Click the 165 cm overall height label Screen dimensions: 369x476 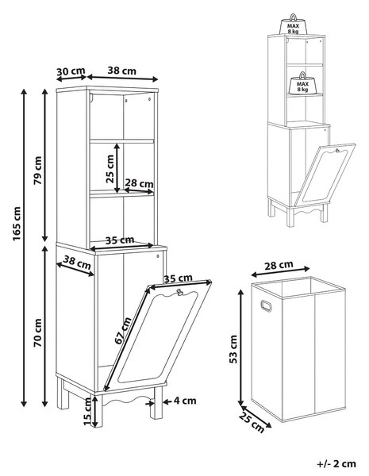point(17,224)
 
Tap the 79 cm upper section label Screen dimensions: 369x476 point(38,171)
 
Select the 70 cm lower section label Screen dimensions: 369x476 point(38,332)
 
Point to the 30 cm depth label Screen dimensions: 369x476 point(71,71)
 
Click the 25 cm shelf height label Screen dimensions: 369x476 point(110,169)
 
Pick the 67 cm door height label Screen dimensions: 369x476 point(123,330)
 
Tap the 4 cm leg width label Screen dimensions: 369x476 point(185,401)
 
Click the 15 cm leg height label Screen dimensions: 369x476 point(87,411)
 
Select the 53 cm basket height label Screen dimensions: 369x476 point(233,349)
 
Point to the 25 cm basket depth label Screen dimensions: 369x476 point(252,423)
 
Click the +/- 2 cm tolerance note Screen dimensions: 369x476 point(336,464)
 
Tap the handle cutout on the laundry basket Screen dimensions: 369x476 point(266,306)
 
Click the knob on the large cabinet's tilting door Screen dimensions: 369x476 point(179,292)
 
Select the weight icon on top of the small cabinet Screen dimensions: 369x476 point(293,25)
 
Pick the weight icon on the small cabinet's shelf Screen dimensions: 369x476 point(302,83)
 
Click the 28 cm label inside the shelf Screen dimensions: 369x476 point(140,183)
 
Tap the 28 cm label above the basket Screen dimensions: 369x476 point(279,266)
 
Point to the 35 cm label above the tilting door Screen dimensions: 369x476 point(178,278)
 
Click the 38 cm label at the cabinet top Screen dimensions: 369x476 point(121,71)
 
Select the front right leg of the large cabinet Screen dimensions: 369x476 point(156,402)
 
